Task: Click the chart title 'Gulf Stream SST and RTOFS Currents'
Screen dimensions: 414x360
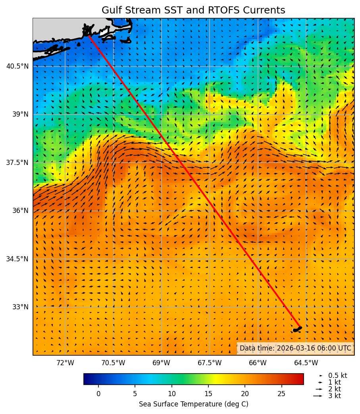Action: pyautogui.click(x=193, y=10)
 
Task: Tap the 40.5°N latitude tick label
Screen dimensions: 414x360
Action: pyautogui.click(x=17, y=66)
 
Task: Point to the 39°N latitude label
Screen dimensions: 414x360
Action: pyautogui.click(x=20, y=114)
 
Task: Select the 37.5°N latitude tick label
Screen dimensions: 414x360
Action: pyautogui.click(x=17, y=163)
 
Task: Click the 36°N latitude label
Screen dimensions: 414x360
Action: pyautogui.click(x=20, y=211)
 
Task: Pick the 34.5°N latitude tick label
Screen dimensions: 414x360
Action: pyautogui.click(x=17, y=259)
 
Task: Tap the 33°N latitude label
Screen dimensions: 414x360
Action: pyautogui.click(x=20, y=307)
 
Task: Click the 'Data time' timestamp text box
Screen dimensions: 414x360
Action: pyautogui.click(x=295, y=348)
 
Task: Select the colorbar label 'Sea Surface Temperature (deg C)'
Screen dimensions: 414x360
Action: pyautogui.click(x=193, y=404)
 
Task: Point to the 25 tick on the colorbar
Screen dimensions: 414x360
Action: pyautogui.click(x=282, y=394)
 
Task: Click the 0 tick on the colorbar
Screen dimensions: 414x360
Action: pyautogui.click(x=98, y=394)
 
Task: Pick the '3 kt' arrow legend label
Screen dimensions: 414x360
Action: pyautogui.click(x=334, y=396)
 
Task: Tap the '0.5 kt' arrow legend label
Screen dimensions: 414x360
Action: pyautogui.click(x=337, y=376)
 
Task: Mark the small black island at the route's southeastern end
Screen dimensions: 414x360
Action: pyautogui.click(x=297, y=329)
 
